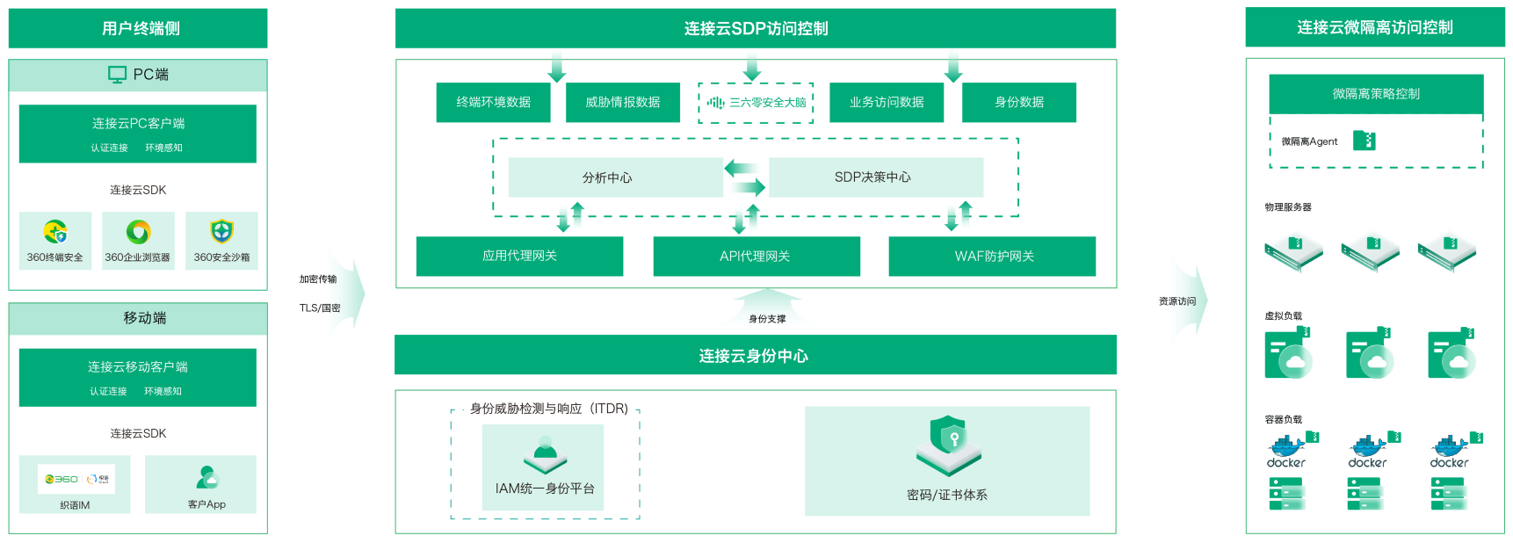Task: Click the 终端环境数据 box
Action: [493, 102]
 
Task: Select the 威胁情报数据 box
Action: [622, 102]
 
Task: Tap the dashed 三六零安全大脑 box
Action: [756, 103]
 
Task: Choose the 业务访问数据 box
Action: [886, 102]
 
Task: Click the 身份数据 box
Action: [1018, 102]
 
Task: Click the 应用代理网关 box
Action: [519, 256]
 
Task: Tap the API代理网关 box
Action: [756, 256]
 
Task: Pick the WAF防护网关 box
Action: [992, 256]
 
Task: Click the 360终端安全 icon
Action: [55, 232]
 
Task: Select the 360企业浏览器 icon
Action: [138, 232]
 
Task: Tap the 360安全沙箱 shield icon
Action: [221, 231]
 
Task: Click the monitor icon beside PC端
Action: [117, 75]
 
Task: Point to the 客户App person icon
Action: [206, 477]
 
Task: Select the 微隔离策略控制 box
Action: [1376, 94]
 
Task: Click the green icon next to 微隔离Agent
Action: [1364, 141]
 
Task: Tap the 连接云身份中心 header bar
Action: [755, 355]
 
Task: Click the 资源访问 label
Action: [1177, 301]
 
